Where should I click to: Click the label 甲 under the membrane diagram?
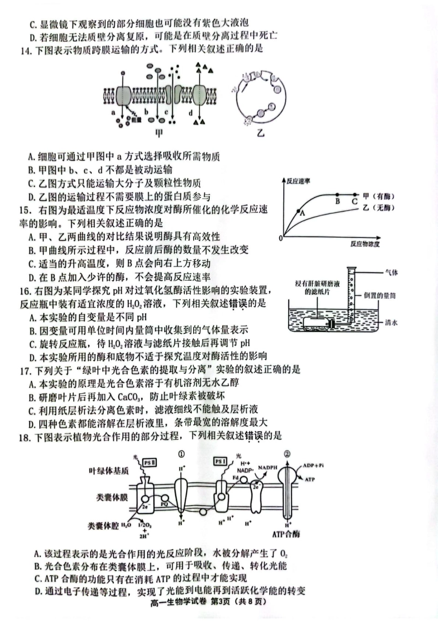tap(160, 133)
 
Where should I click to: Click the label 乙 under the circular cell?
tap(261, 133)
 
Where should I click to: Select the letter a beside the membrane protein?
tap(113, 112)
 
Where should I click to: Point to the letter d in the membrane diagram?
tap(190, 112)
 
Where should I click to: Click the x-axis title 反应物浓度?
tap(365, 243)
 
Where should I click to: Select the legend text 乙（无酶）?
tap(379, 208)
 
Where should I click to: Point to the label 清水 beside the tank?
tap(391, 323)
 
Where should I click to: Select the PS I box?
tap(221, 462)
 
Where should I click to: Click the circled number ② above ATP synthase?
tap(287, 454)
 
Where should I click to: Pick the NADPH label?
tap(267, 467)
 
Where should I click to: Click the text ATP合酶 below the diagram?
tap(286, 534)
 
